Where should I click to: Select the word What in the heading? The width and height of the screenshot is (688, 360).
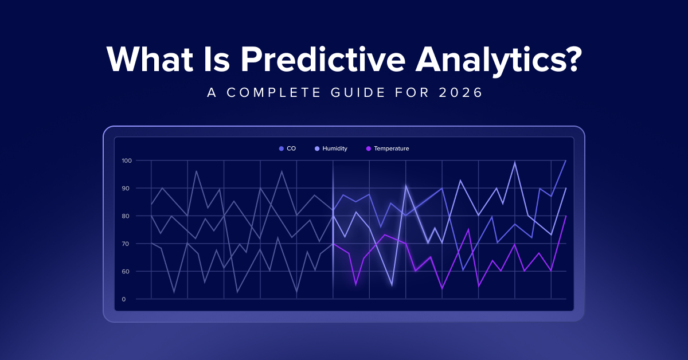tap(150, 59)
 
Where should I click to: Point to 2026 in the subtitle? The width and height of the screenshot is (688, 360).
tap(460, 92)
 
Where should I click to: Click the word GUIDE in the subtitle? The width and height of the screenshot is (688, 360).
tap(358, 92)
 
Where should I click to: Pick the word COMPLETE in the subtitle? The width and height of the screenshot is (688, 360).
tap(273, 92)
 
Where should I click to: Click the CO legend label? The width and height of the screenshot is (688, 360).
tap(291, 148)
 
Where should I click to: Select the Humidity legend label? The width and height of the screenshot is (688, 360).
tap(335, 148)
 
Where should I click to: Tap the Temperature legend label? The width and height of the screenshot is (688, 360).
tap(392, 148)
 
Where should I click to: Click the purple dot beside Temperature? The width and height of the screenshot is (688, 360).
tap(369, 148)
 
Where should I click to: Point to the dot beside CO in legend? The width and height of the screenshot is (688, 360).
tap(281, 148)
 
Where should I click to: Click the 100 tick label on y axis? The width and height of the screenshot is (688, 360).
tap(127, 161)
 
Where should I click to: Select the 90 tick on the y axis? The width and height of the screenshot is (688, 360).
tap(126, 188)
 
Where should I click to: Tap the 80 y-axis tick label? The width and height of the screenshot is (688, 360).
tap(126, 216)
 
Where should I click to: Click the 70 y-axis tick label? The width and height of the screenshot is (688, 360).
tap(126, 244)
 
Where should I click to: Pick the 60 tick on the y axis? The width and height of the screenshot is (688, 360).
tap(126, 272)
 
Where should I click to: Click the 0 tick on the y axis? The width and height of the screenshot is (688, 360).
tap(124, 299)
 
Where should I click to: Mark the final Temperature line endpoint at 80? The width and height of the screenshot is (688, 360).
tap(566, 216)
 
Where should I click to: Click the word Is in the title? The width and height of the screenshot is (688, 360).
tap(217, 60)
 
